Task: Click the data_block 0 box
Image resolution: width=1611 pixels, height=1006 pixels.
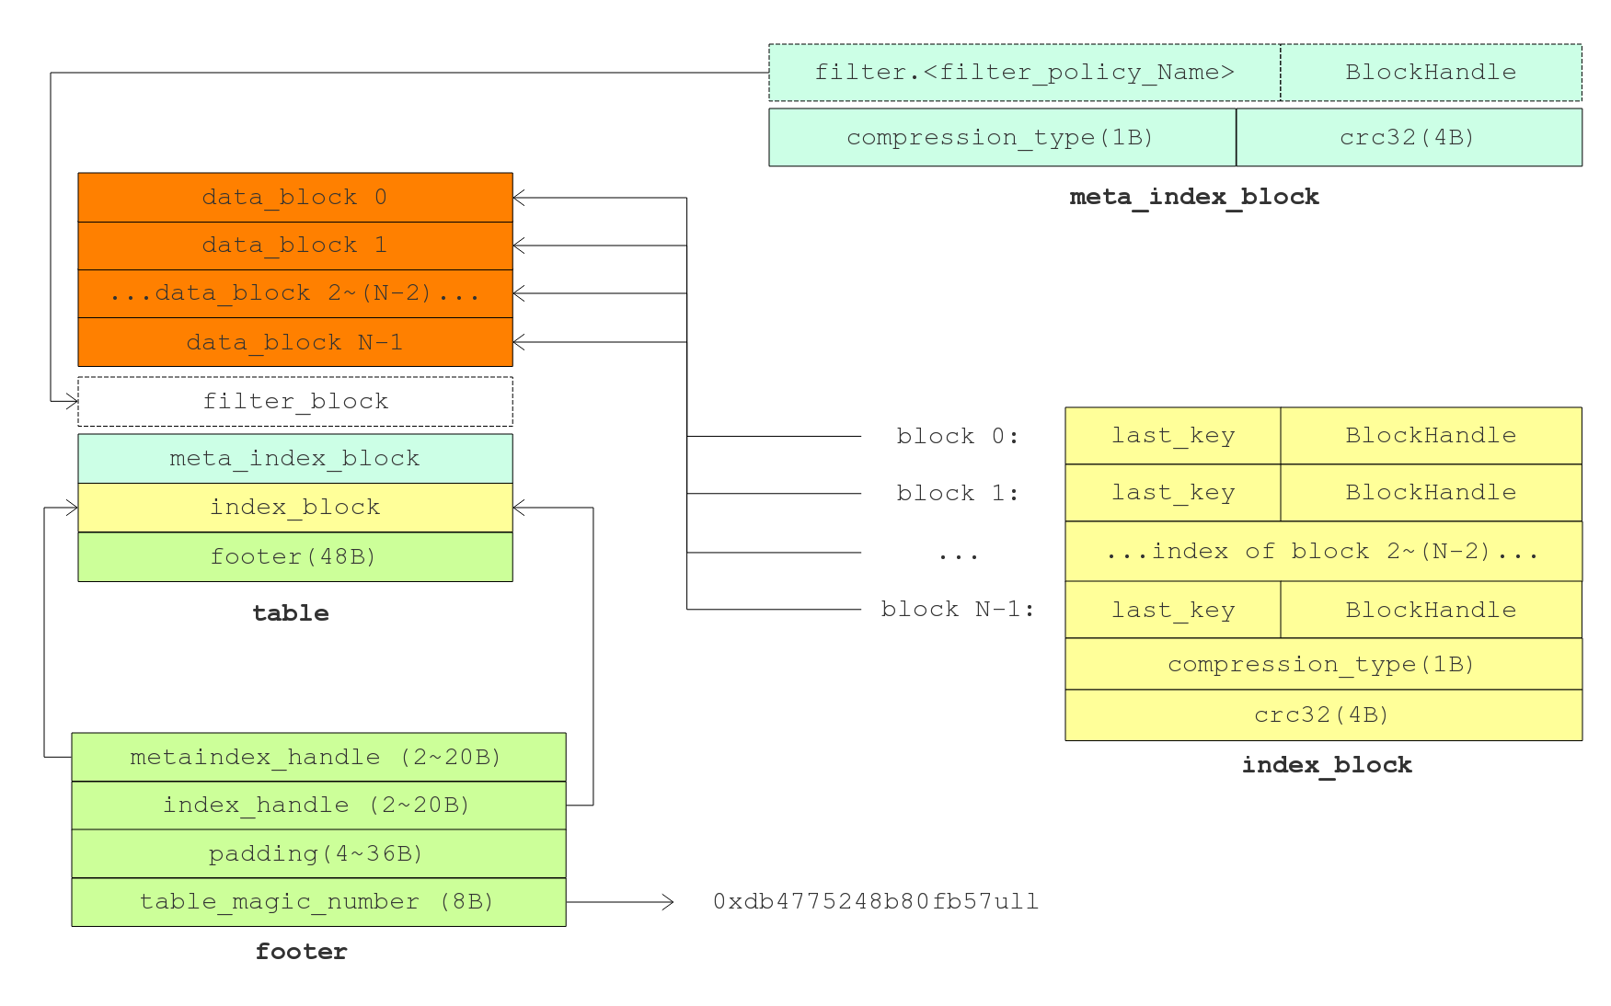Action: (x=294, y=198)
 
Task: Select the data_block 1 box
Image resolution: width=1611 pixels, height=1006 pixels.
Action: (x=294, y=246)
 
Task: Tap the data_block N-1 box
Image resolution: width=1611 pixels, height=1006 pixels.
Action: (x=294, y=342)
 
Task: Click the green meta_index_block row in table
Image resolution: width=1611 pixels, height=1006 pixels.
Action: (x=294, y=459)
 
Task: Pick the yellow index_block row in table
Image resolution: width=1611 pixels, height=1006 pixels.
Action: (x=294, y=508)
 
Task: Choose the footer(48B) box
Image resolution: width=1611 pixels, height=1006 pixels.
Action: (x=294, y=556)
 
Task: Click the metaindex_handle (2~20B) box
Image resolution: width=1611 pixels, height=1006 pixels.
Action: (x=318, y=758)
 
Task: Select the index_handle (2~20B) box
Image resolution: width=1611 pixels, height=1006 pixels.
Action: (x=318, y=806)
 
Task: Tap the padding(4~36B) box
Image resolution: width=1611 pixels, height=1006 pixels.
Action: (x=318, y=854)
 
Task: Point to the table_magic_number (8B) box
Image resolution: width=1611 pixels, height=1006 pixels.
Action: (x=318, y=902)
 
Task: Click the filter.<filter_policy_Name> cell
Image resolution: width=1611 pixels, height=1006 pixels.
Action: (x=1024, y=73)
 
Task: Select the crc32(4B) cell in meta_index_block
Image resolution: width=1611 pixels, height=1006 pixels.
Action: (x=1408, y=138)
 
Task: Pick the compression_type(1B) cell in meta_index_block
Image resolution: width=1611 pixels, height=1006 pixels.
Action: (x=1001, y=138)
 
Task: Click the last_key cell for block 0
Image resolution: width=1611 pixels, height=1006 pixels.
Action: (x=1173, y=436)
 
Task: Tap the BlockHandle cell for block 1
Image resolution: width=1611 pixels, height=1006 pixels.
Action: (x=1431, y=493)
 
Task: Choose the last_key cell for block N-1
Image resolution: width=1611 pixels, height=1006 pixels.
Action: (x=1173, y=610)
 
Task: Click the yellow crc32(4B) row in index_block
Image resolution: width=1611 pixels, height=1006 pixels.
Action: (x=1323, y=715)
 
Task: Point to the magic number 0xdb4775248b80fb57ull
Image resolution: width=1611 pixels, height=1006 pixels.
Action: (x=876, y=902)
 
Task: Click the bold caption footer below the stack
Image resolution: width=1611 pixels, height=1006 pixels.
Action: (x=302, y=952)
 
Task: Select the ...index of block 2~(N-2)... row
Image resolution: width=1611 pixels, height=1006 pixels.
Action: (x=1323, y=552)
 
